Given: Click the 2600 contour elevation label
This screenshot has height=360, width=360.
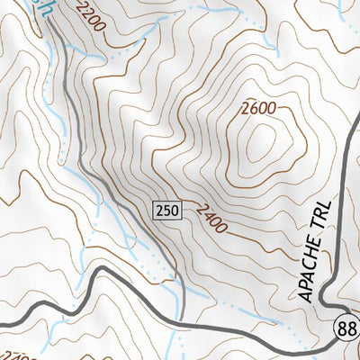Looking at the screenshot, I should pos(258,109).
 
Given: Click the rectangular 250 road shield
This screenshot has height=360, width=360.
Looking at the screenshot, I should pos(168,211).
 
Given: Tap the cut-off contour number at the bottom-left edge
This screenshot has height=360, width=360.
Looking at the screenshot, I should pos(11,354).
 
